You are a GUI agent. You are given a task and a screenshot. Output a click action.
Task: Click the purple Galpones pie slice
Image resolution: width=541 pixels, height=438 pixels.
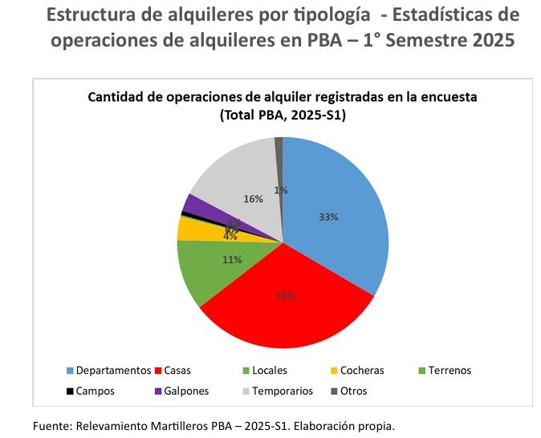(193, 205)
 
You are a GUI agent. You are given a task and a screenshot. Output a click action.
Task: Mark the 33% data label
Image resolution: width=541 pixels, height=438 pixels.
(327, 217)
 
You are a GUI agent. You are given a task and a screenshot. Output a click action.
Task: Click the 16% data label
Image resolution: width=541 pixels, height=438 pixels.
(253, 199)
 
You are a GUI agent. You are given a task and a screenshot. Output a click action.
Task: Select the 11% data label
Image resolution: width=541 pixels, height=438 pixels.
(232, 259)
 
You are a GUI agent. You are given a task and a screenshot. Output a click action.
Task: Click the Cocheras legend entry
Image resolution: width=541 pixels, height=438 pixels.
(361, 371)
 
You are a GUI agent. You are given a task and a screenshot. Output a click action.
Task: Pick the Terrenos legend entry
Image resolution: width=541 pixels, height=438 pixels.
(449, 371)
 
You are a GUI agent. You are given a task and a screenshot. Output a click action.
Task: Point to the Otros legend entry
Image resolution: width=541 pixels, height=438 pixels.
(353, 391)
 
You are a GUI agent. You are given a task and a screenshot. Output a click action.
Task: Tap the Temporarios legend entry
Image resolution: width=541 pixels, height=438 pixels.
(282, 391)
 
